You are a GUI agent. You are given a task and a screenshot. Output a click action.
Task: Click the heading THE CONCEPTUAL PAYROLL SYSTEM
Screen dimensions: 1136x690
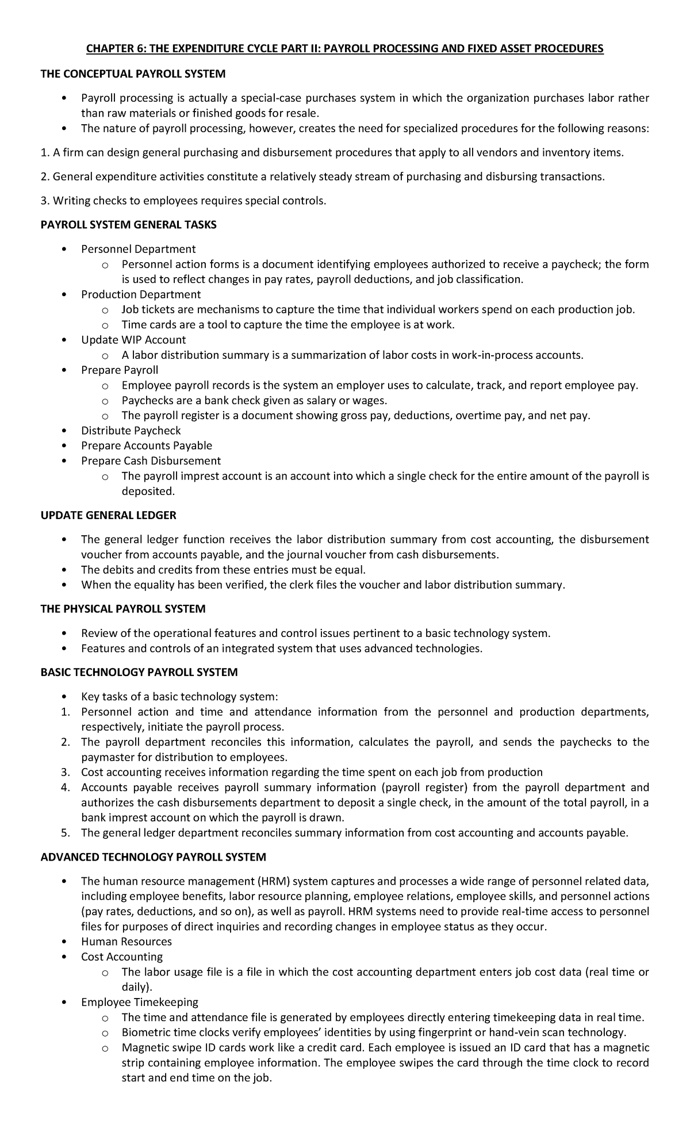coord(133,74)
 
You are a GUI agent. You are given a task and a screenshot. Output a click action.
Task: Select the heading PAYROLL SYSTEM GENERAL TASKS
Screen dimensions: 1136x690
coord(128,225)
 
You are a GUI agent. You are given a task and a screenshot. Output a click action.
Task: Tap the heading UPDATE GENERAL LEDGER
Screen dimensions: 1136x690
coord(108,515)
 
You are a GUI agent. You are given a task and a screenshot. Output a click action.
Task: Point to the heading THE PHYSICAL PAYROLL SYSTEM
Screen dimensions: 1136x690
coord(123,608)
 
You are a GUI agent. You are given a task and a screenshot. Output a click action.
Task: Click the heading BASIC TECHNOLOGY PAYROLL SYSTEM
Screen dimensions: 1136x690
coord(139,672)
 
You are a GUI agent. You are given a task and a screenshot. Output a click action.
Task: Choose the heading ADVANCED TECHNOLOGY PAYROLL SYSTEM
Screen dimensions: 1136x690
coord(154,857)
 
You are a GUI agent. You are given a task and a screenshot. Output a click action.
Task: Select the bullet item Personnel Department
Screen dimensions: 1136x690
coord(138,249)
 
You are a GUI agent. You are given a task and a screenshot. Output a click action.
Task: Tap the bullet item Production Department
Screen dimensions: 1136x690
coord(141,294)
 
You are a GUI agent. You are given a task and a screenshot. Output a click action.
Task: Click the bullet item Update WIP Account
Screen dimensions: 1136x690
coord(133,340)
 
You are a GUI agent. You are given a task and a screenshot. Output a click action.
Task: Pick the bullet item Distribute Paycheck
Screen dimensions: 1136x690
coord(131,431)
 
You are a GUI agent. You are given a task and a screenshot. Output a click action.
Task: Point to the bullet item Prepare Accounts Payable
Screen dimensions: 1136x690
coord(147,446)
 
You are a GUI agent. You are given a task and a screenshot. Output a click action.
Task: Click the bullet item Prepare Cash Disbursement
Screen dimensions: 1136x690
coord(151,460)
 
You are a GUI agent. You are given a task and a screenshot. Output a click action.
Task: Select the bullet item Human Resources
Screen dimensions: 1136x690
coord(126,942)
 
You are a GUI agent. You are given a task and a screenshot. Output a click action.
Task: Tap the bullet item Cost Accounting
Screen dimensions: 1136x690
coord(122,957)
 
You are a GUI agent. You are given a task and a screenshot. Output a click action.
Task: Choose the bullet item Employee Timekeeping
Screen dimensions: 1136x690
coord(140,1002)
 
